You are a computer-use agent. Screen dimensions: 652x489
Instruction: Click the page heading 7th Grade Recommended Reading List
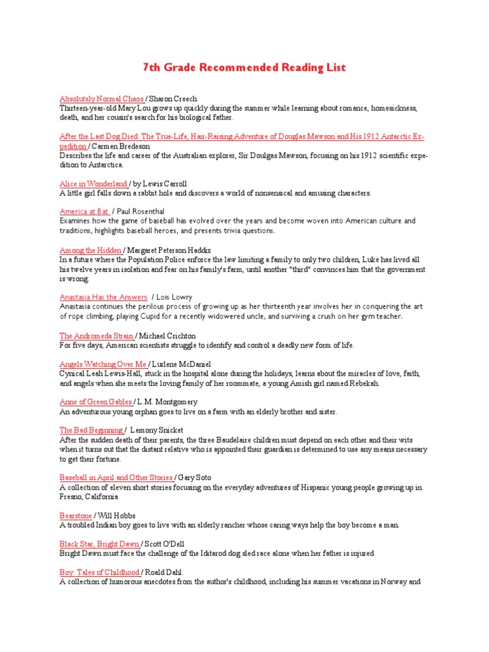pos(244,67)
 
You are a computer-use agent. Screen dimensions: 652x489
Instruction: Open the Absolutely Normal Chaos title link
pos(102,99)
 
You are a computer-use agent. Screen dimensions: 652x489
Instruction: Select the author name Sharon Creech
pos(173,99)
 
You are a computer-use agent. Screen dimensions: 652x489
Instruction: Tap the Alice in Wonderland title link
pos(94,183)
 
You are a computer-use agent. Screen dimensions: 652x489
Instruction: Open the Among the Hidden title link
pos(90,250)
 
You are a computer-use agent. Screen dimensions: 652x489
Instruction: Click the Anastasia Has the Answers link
pos(103,297)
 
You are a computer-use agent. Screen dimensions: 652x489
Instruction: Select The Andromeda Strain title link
pos(97,336)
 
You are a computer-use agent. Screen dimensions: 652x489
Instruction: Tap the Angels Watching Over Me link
pos(103,364)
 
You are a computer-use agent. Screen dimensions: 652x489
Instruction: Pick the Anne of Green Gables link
pos(96,402)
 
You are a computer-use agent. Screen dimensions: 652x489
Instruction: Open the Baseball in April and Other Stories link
pos(117,477)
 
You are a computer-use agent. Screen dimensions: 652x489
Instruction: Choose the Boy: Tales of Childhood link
pos(99,572)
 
